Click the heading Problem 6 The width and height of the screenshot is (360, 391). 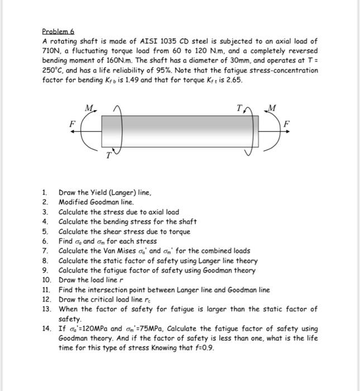[x=58, y=32]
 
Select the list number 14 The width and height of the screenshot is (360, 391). [x=46, y=328]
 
